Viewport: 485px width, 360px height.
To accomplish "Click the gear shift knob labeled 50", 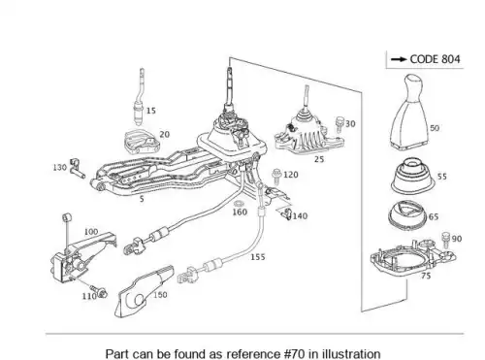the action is [410, 114].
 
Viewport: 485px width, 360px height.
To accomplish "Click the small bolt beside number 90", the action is [446, 240].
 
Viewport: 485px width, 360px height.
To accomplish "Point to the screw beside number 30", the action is [339, 125].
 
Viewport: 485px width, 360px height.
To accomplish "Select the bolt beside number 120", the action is [276, 177].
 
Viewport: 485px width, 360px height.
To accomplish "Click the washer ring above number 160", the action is [239, 204].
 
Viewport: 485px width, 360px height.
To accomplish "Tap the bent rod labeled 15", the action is [140, 97].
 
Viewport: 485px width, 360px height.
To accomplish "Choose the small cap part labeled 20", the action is [142, 143].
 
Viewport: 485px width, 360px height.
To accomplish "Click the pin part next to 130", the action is [77, 168].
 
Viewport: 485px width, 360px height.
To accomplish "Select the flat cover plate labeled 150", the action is [145, 291].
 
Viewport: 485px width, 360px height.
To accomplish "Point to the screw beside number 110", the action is [98, 291].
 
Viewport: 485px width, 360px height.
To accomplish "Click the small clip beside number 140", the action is [286, 213].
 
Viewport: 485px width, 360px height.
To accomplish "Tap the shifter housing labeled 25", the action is [308, 134].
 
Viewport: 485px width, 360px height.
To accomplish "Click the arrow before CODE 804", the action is [399, 59].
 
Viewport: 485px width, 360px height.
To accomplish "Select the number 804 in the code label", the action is [450, 59].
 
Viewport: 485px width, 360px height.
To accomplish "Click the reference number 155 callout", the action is [258, 257].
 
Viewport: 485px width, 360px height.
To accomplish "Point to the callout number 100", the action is [91, 232].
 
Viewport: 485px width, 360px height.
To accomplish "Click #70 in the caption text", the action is [295, 353].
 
